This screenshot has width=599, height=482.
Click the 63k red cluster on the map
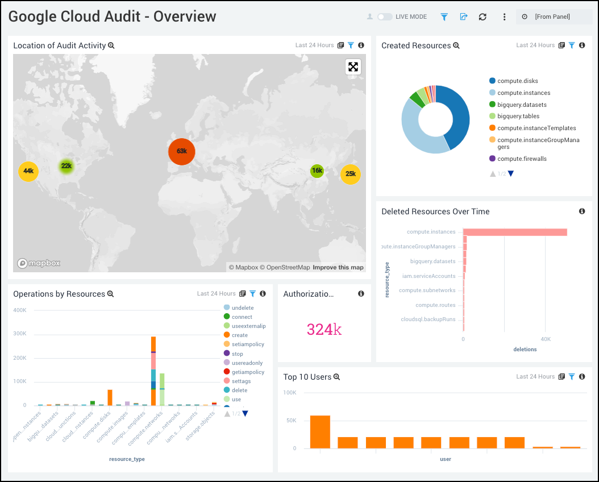point(182,151)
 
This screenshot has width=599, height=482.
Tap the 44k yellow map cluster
point(28,171)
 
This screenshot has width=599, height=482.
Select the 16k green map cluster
point(317,171)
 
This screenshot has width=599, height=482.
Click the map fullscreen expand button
point(353,67)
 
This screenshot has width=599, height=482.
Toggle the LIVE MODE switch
point(385,16)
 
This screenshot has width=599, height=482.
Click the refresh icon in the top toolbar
point(482,16)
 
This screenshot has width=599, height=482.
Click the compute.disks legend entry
point(517,81)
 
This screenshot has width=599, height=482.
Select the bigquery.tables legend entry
point(518,116)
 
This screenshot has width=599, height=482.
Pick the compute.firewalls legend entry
point(521,159)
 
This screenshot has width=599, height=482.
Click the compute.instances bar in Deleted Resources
point(515,232)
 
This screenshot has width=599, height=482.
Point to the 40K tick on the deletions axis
point(544,339)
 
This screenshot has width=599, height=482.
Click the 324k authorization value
point(324,329)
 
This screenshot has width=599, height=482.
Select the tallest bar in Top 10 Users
point(320,431)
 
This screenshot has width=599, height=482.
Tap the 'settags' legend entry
point(242,381)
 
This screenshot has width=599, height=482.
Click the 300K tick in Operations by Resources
point(20,334)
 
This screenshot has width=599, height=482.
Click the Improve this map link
point(338,267)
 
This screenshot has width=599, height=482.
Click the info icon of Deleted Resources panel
point(582,211)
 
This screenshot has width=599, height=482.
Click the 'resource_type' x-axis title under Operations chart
point(127,459)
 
